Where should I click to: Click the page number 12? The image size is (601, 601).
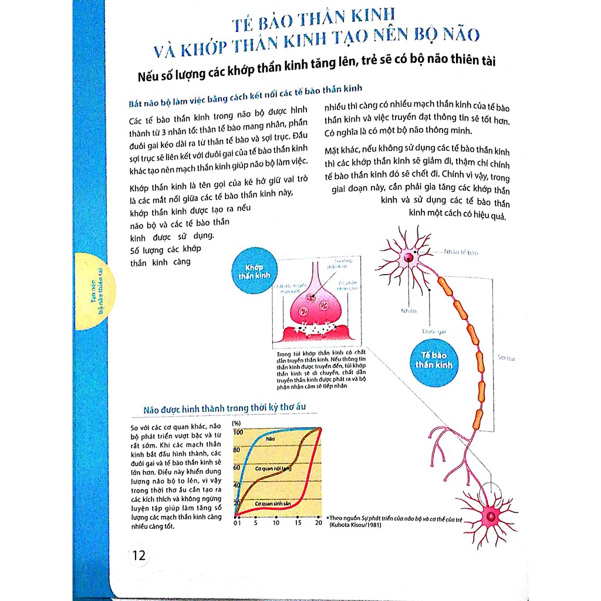click(x=139, y=555)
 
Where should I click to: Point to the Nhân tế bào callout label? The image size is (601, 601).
click(x=461, y=252)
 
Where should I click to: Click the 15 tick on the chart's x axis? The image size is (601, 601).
click(x=298, y=523)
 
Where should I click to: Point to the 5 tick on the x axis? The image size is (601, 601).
click(x=256, y=523)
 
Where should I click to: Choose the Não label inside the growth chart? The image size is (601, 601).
click(x=271, y=438)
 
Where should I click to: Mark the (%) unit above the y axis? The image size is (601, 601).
click(x=237, y=423)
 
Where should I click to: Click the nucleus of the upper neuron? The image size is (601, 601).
click(x=408, y=256)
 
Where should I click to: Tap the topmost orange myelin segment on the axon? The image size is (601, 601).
click(x=445, y=285)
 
